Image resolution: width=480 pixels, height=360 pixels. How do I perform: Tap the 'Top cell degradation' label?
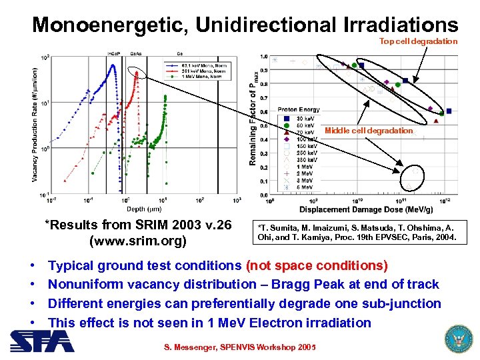coord(419,41)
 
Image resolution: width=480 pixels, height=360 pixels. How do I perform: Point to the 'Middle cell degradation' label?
coord(369,131)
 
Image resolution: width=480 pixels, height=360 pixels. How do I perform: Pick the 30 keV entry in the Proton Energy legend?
coord(299,118)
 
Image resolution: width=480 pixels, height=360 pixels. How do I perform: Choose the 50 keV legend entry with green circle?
coord(299,125)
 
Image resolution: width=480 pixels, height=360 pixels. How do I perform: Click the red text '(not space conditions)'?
coord(317,265)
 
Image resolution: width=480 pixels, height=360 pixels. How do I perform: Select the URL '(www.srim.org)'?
coord(137,240)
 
